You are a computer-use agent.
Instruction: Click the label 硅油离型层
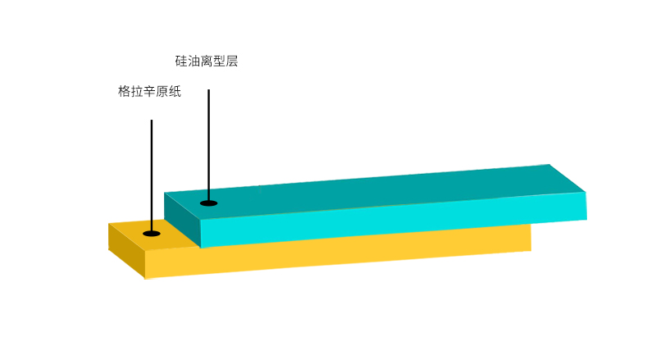coord(207,62)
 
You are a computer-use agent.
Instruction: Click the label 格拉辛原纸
coord(149,91)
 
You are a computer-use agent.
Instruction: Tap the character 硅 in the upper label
coord(181,62)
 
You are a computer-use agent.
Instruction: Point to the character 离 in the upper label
coord(207,62)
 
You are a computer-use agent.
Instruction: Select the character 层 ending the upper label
coord(232,62)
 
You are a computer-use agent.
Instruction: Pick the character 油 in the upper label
coord(194,62)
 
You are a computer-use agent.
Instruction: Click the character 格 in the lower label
coord(125,91)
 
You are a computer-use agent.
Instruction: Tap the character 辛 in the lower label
coord(149,91)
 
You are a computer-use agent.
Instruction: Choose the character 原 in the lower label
coord(162,91)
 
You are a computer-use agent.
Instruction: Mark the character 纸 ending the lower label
coord(175,91)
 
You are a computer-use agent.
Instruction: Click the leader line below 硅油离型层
coord(209,145)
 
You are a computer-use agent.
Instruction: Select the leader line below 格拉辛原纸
coord(152,175)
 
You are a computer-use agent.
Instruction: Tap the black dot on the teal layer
coord(209,203)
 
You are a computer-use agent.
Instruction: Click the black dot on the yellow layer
coord(152,233)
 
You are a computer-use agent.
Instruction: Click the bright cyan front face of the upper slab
coord(394,220)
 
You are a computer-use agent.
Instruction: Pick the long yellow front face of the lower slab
coord(338,255)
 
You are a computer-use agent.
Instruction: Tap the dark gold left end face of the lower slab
coord(126,250)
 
